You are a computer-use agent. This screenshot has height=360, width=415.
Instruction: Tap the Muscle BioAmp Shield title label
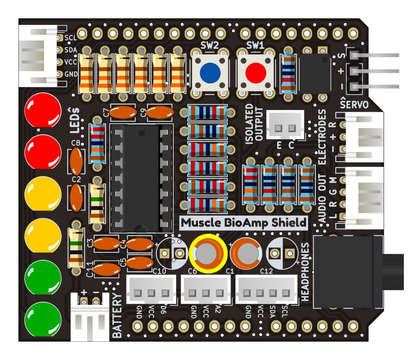pyautogui.click(x=243, y=222)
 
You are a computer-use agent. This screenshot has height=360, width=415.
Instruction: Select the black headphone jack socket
pyautogui.click(x=348, y=272)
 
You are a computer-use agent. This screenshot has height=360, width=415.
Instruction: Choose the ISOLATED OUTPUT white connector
pyautogui.click(x=285, y=126)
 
